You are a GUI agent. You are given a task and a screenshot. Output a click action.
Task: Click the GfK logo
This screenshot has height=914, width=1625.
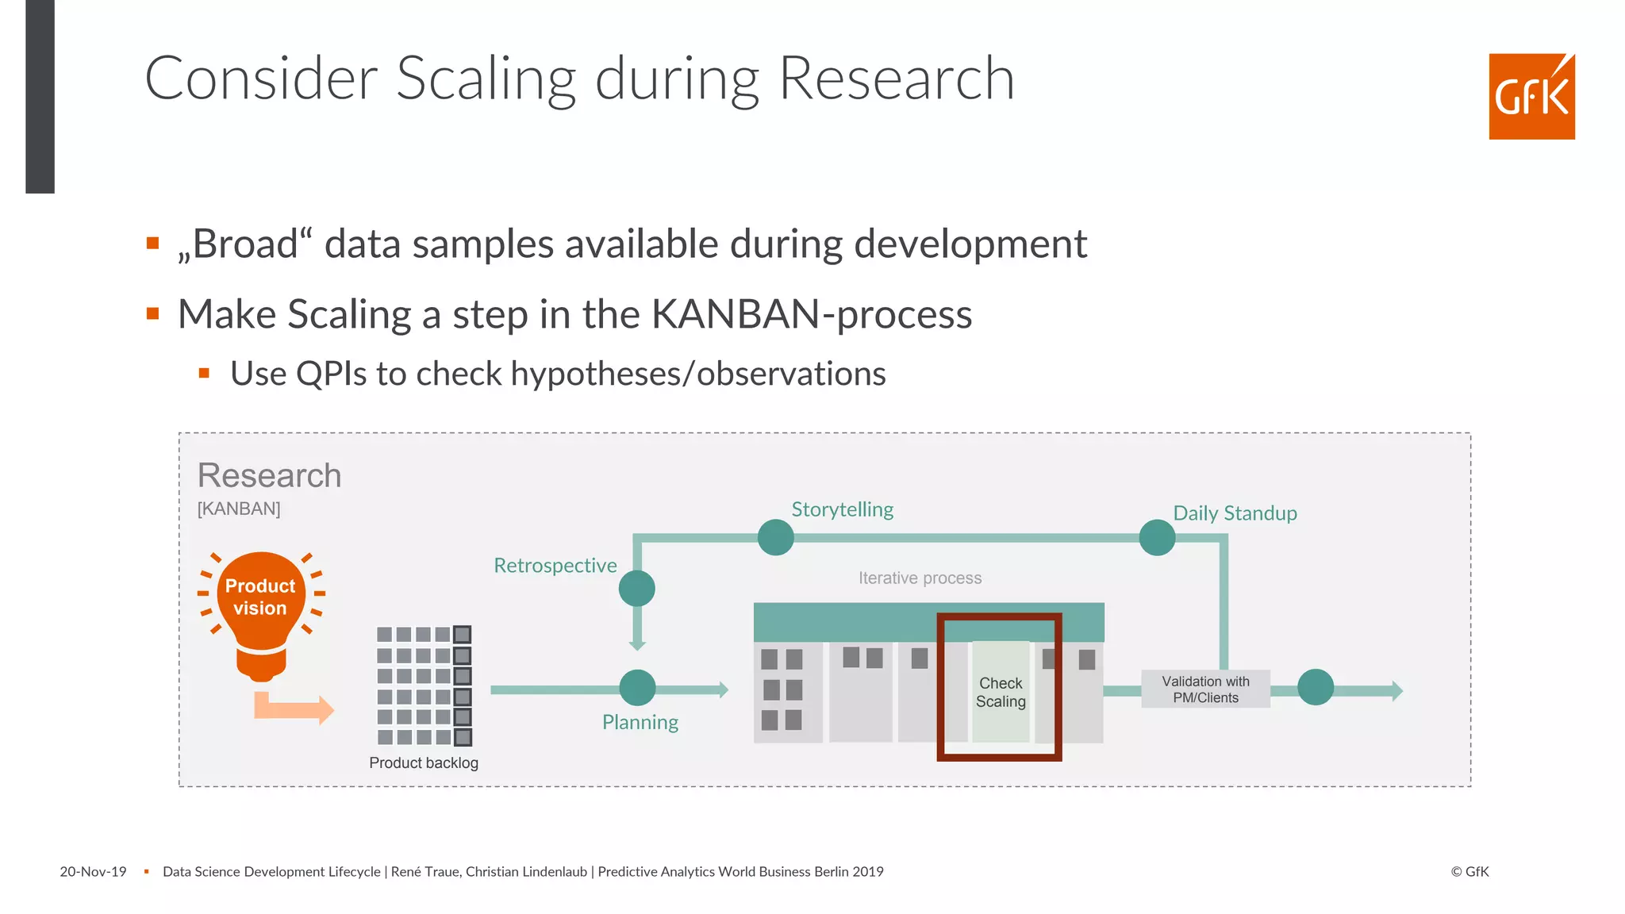point(1531,97)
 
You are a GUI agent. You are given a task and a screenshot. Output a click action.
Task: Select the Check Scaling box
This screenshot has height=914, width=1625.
point(1001,692)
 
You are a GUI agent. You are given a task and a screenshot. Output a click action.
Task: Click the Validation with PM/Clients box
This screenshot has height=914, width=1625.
point(1205,689)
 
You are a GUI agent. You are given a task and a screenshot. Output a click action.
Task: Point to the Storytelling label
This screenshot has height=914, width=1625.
point(842,509)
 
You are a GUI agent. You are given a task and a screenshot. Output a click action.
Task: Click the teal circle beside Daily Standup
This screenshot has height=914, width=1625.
point(1157,538)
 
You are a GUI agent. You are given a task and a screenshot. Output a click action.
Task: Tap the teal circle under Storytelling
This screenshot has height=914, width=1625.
point(775,538)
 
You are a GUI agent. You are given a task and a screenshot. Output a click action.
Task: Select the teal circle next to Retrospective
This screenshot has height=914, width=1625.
point(636,589)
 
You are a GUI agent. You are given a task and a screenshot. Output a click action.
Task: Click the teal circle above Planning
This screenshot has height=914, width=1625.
point(637,688)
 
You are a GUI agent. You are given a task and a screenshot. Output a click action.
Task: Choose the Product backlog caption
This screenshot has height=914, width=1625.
point(424,762)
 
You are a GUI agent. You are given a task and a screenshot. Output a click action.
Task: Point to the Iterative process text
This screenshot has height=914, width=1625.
point(920,578)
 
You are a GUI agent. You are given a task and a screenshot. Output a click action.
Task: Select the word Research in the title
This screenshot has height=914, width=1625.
point(896,79)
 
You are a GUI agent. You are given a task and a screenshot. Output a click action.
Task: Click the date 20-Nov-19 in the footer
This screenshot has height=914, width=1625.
point(93,872)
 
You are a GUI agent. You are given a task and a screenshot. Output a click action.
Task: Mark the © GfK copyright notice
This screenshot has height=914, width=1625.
point(1469,872)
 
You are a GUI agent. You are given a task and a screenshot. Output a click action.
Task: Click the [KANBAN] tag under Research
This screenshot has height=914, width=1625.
point(239,509)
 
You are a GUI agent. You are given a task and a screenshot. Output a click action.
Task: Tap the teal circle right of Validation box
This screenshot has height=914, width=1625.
point(1315,688)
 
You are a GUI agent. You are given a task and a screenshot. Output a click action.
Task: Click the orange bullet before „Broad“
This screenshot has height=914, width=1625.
point(153,244)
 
